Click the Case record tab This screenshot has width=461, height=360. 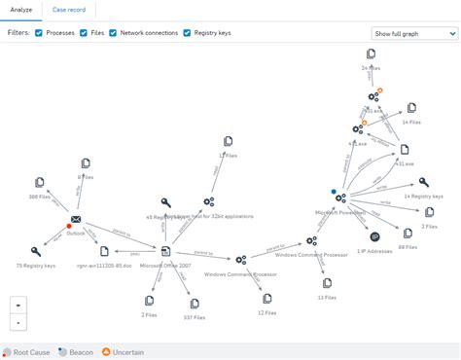point(67,9)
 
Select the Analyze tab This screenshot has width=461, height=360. point(20,9)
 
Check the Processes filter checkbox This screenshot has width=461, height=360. point(39,33)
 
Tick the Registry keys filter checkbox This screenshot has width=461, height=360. point(187,33)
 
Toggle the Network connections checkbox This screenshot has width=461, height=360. point(112,33)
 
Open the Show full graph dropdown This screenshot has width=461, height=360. point(413,33)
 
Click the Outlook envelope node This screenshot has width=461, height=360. point(75,220)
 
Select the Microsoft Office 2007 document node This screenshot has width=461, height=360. point(165,252)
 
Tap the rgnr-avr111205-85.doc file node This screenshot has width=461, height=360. point(95,250)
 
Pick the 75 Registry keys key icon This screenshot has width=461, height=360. point(36,252)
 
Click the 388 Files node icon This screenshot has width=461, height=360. point(40,182)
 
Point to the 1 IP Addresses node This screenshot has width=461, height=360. point(375,236)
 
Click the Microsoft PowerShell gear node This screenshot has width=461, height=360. point(339,198)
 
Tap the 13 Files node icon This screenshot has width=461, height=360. point(327,283)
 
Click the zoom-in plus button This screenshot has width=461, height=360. point(18,305)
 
